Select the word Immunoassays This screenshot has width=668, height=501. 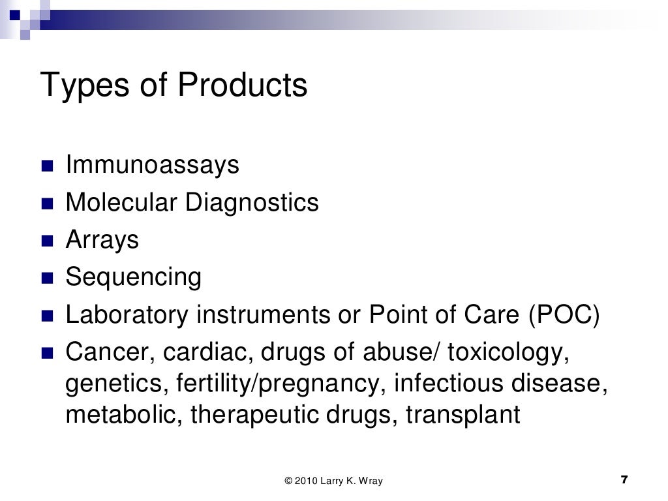point(153,166)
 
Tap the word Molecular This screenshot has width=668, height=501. point(121,203)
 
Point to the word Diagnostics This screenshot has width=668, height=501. point(252,204)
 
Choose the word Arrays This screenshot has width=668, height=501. point(102,241)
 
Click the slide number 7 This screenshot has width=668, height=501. point(624,481)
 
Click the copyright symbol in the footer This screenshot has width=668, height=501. point(288,481)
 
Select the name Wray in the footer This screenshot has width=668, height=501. point(369,481)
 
